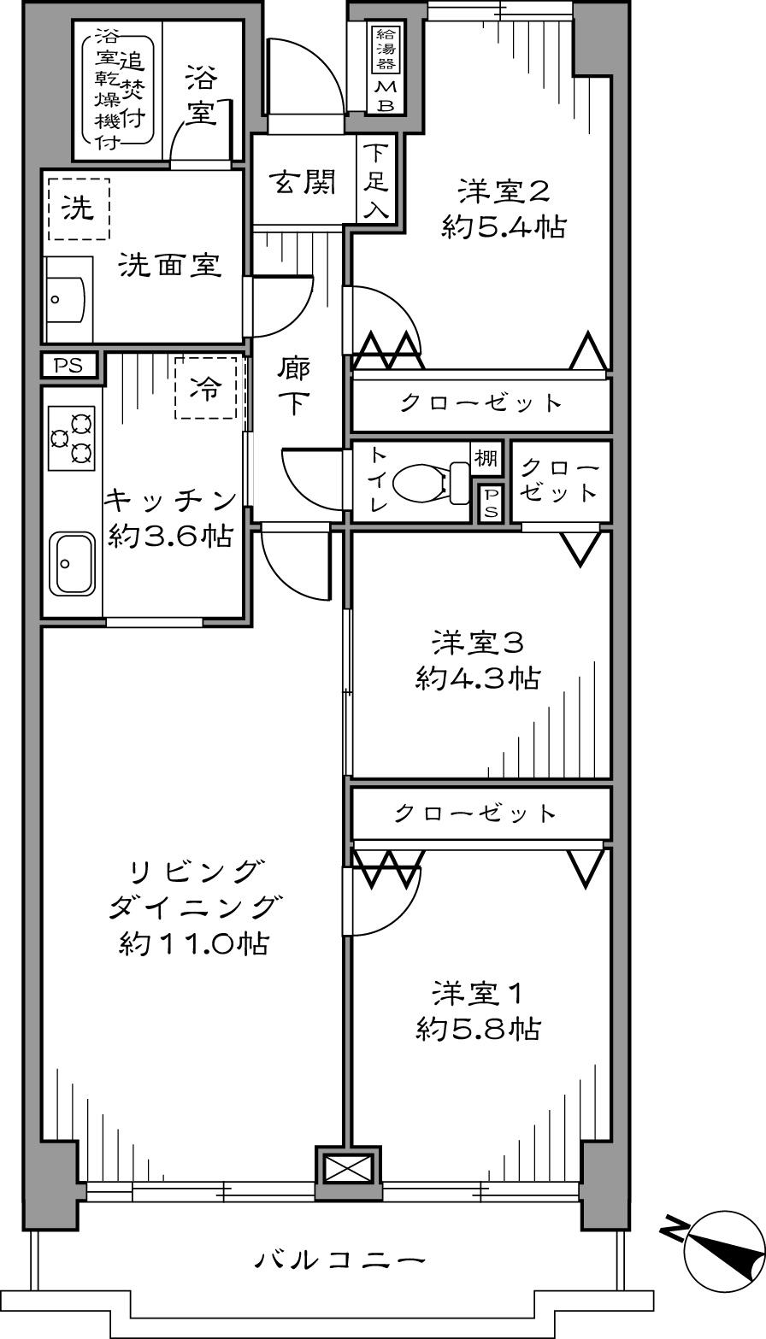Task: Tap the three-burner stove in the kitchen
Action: [72, 438]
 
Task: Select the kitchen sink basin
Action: [72, 563]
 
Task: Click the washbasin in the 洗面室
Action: [65, 298]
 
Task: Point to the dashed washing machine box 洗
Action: [79, 209]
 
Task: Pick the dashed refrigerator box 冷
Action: [205, 389]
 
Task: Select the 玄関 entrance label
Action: [302, 182]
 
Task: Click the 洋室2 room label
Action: [503, 190]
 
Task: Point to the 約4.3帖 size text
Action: [478, 678]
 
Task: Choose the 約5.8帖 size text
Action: [478, 1028]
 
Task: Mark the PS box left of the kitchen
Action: [68, 366]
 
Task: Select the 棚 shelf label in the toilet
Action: [486, 458]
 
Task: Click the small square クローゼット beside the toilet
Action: [560, 481]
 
